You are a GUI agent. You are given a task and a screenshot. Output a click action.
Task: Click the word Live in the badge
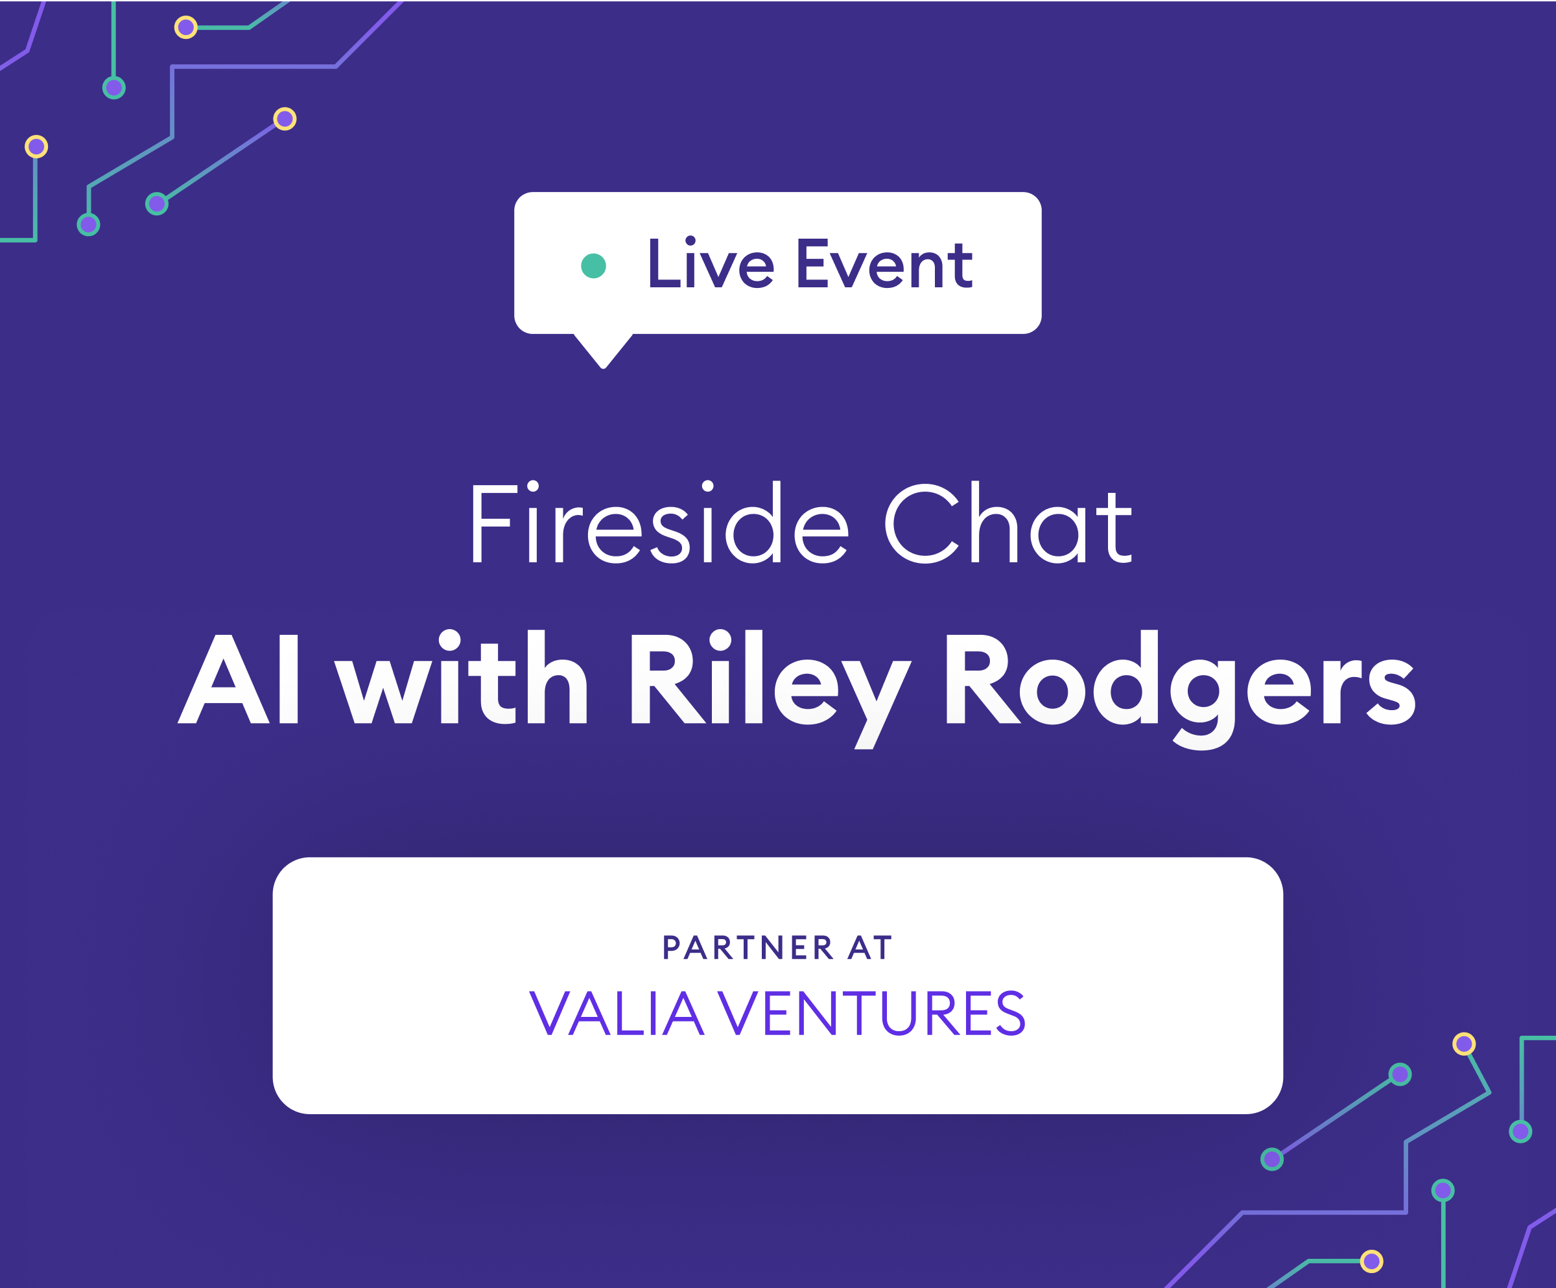tap(711, 263)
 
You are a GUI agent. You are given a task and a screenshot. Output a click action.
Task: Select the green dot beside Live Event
tap(593, 266)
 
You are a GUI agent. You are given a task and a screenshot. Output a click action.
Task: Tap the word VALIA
tap(617, 1013)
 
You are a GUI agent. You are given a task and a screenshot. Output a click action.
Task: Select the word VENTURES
tap(872, 1013)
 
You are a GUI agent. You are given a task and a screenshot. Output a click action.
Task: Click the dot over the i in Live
tap(690, 240)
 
